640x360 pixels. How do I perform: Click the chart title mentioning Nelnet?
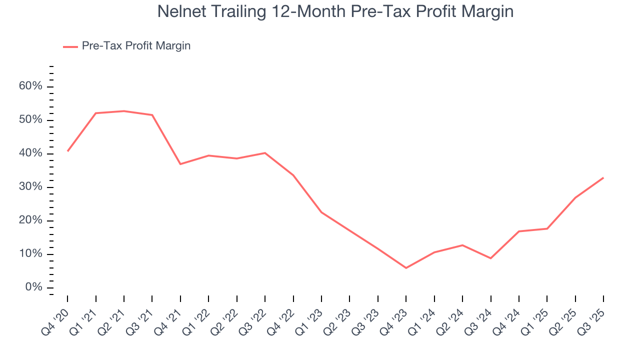pos(335,11)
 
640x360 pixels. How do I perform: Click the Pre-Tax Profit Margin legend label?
pos(136,46)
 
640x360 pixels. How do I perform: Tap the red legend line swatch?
pos(70,46)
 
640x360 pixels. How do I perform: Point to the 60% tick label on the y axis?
pos(30,86)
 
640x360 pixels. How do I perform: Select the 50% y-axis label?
pos(30,120)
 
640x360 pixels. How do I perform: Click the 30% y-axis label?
pos(30,187)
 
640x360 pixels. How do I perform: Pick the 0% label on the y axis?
pos(33,287)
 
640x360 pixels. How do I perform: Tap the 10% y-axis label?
pos(30,254)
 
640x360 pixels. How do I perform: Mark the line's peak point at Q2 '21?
pos(123,111)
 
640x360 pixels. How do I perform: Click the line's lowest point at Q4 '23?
pos(406,268)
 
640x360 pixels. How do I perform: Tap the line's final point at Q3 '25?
pos(603,177)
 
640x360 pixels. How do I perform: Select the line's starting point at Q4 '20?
pos(67,151)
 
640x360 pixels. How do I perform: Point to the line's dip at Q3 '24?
pos(490,258)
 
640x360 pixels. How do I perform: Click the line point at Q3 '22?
pos(265,153)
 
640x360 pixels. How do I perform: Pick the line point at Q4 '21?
pos(180,164)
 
